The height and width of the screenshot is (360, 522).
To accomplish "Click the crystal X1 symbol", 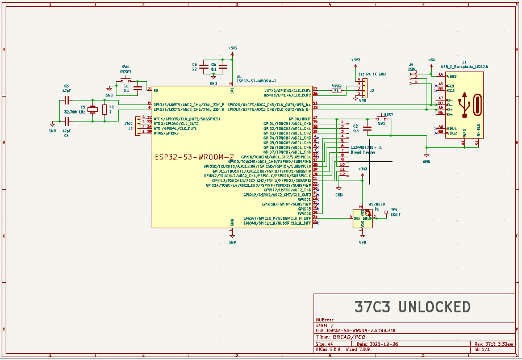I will (93, 110).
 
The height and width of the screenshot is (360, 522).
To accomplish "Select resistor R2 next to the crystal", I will (104, 110).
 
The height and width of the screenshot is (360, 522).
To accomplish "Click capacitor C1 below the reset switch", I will (137, 89).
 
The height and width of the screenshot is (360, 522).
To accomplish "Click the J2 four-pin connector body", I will (359, 89).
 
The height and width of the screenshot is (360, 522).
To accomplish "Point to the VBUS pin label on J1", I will (452, 76).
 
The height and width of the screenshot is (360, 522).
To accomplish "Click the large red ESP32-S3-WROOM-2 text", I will (195, 157).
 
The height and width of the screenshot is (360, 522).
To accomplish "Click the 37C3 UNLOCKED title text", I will (412, 307).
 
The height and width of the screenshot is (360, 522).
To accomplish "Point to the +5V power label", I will (431, 60).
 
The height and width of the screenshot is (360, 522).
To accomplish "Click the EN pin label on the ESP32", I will (156, 91).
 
